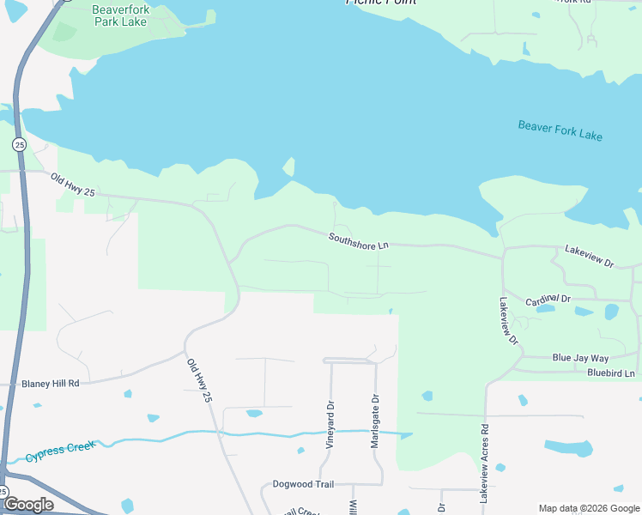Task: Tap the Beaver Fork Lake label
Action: pyautogui.click(x=560, y=130)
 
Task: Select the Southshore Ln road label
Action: pyautogui.click(x=359, y=241)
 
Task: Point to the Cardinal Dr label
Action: pyautogui.click(x=548, y=298)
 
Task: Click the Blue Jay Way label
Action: pyautogui.click(x=580, y=358)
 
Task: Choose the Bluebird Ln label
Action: pyautogui.click(x=610, y=373)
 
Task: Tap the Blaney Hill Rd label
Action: pyautogui.click(x=51, y=384)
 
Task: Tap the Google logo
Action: pyautogui.click(x=27, y=505)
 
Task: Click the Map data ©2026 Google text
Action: pyautogui.click(x=589, y=508)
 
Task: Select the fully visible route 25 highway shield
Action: pyautogui.click(x=19, y=143)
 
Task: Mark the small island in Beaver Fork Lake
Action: pyautogui.click(x=289, y=166)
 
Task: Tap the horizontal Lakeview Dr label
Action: pyautogui.click(x=589, y=255)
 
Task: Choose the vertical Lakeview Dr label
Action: pyautogui.click(x=508, y=321)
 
